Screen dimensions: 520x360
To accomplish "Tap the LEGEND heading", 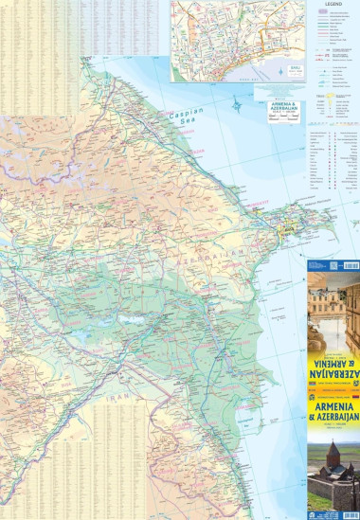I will click(x=332, y=5).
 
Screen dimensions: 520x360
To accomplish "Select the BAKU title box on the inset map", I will click(x=272, y=72).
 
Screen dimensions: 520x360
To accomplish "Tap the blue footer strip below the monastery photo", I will click(x=333, y=512).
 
